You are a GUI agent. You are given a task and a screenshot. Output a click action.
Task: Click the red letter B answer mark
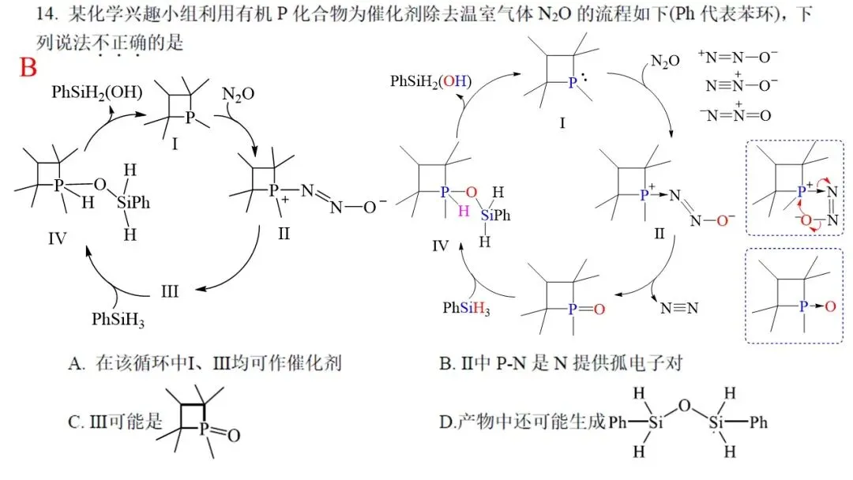pyautogui.click(x=28, y=68)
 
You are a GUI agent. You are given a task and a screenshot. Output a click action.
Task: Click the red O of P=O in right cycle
pyautogui.click(x=599, y=309)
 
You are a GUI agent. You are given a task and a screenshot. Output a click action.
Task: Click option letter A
pyautogui.click(x=76, y=364)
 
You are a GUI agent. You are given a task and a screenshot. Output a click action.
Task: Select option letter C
pyautogui.click(x=76, y=422)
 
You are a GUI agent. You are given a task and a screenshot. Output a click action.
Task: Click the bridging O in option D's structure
pyautogui.click(x=684, y=407)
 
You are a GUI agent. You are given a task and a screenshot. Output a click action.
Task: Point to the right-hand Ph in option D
pyautogui.click(x=759, y=423)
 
